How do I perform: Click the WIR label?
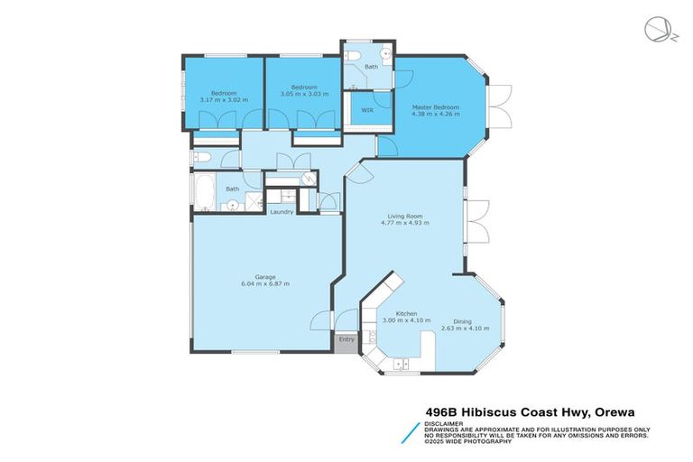click(x=367, y=110)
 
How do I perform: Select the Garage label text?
click(x=264, y=276)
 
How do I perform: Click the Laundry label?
click(x=282, y=212)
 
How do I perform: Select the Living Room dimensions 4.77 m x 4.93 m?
click(x=406, y=223)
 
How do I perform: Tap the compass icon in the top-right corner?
click(x=656, y=30)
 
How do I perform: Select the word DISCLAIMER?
click(x=442, y=422)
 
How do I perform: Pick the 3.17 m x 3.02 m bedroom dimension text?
click(x=224, y=100)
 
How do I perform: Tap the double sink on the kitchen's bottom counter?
click(x=403, y=364)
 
